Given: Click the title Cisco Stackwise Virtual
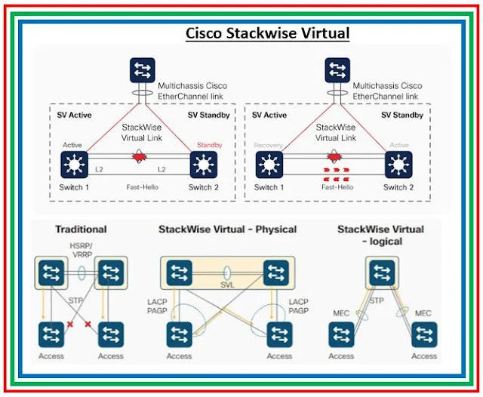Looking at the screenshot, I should [x=268, y=34].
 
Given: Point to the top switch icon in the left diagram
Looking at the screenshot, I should [x=139, y=70].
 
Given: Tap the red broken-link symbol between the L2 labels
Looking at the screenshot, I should [x=138, y=158].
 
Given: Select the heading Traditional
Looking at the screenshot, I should [x=81, y=229].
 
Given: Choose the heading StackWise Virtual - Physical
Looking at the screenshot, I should [x=227, y=229].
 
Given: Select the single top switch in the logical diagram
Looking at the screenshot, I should [x=382, y=272].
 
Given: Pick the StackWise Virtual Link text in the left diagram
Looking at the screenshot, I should [x=140, y=133].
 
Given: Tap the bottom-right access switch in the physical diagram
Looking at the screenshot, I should [x=279, y=334].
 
